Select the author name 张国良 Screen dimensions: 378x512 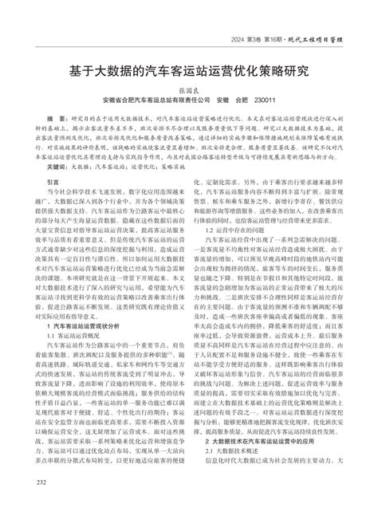pyautogui.click(x=189, y=90)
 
